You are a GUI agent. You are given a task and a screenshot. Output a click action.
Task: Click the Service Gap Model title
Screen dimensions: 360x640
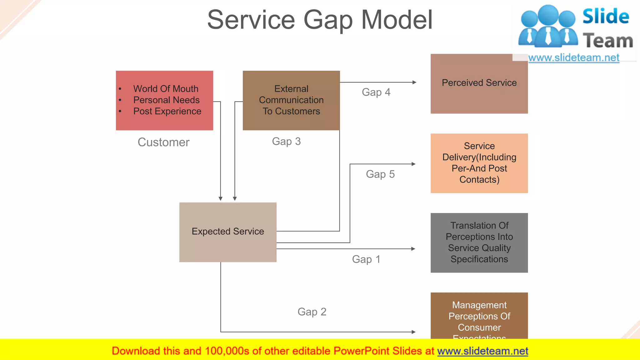320,20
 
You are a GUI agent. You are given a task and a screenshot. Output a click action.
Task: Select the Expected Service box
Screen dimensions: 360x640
228,232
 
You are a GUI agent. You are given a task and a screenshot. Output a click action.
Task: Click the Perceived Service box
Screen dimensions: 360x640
479,83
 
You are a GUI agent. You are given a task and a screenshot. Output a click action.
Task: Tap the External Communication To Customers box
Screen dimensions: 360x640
291,100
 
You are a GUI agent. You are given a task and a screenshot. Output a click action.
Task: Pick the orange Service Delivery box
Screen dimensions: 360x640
479,163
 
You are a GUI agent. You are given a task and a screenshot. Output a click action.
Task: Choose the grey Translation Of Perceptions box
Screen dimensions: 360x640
479,242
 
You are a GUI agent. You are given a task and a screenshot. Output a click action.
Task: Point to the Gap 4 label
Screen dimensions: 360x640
376,92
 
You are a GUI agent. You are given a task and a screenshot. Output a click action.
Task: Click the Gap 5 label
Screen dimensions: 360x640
380,174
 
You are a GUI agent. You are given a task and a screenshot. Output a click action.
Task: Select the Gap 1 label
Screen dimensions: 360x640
366,259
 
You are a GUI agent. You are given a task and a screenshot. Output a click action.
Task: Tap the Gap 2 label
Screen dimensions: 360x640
312,312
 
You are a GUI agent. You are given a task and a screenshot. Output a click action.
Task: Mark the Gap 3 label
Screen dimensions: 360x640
286,141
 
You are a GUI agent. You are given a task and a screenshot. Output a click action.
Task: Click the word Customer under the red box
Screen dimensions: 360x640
163,142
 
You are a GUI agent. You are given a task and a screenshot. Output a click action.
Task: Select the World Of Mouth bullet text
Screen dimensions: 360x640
166,89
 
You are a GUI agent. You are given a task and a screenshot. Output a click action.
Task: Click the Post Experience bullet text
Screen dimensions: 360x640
167,111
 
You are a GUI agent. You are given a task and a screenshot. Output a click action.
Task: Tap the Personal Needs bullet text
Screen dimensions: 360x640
166,100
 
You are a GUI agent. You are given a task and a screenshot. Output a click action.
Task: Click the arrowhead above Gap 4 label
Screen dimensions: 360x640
414,82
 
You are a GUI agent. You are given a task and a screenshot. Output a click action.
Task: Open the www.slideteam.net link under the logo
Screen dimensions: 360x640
573,57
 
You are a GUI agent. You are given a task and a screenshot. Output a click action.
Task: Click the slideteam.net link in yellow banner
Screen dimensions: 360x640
482,351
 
